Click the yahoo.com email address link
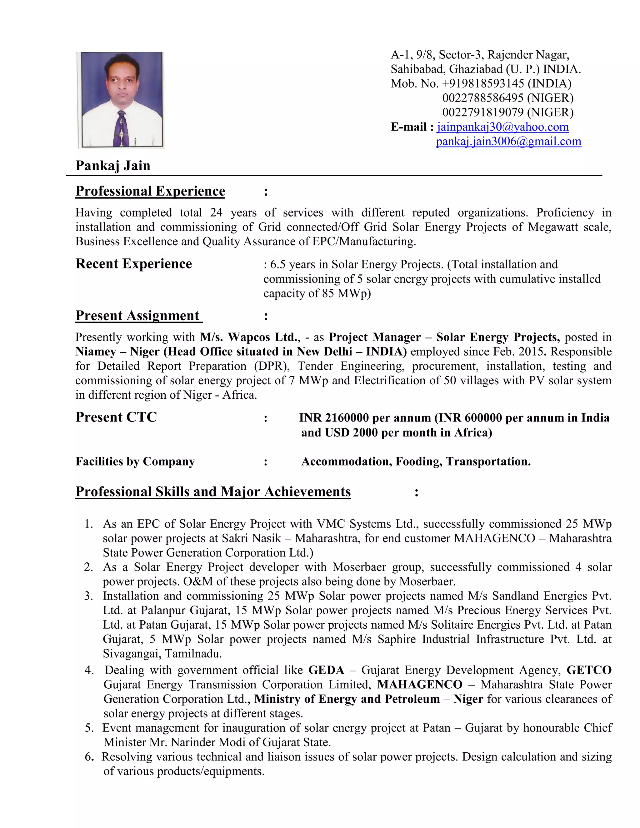point(503,127)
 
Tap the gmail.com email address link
point(508,142)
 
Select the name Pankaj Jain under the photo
point(113,166)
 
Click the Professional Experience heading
point(150,191)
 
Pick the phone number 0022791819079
point(482,112)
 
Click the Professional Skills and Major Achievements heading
point(213,492)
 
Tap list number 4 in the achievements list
point(89,670)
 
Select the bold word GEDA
point(326,670)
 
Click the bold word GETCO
point(589,670)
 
